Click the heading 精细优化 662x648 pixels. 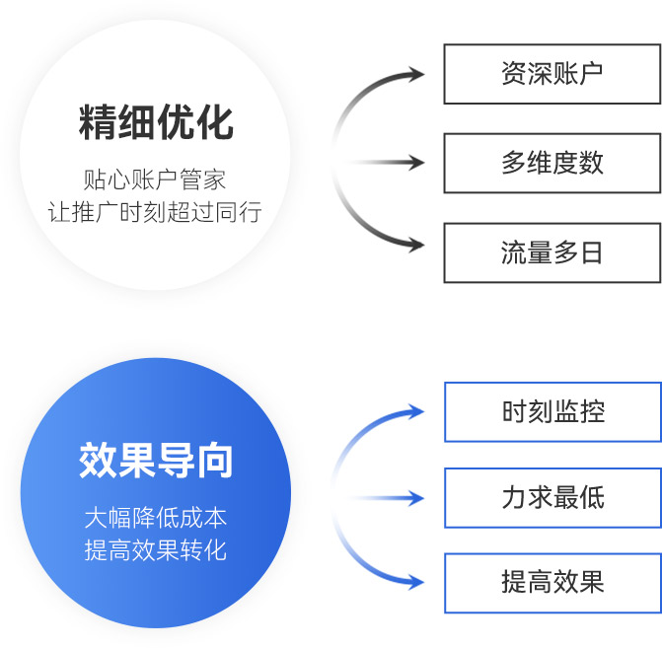pyautogui.click(x=156, y=122)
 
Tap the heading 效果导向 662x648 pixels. pyautogui.click(x=156, y=461)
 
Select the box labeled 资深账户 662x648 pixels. pyautogui.click(x=552, y=74)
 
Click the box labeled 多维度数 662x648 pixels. pyautogui.click(x=552, y=164)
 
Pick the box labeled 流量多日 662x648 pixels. pyautogui.click(x=552, y=252)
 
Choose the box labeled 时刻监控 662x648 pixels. pyautogui.click(x=553, y=412)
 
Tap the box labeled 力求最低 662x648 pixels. pyautogui.click(x=553, y=498)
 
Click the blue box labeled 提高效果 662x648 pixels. pyautogui.click(x=553, y=583)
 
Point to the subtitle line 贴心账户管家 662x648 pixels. pyautogui.click(x=155, y=180)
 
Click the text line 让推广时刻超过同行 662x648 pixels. pyautogui.click(x=155, y=212)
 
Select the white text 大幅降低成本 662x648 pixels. pyautogui.click(x=156, y=518)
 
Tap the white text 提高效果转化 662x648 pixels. pyautogui.click(x=156, y=550)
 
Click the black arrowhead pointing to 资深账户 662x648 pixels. pyautogui.click(x=415, y=74)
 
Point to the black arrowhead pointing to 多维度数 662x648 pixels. pyautogui.click(x=416, y=163)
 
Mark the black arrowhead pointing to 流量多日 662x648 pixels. pyautogui.click(x=415, y=245)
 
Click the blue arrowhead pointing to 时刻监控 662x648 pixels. pyautogui.click(x=415, y=411)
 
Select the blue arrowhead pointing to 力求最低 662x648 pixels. pyautogui.click(x=416, y=498)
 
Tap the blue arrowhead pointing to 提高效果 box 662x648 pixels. pyautogui.click(x=415, y=582)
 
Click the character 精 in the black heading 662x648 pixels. pyautogui.click(x=98, y=122)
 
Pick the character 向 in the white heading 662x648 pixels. pyautogui.click(x=215, y=461)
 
